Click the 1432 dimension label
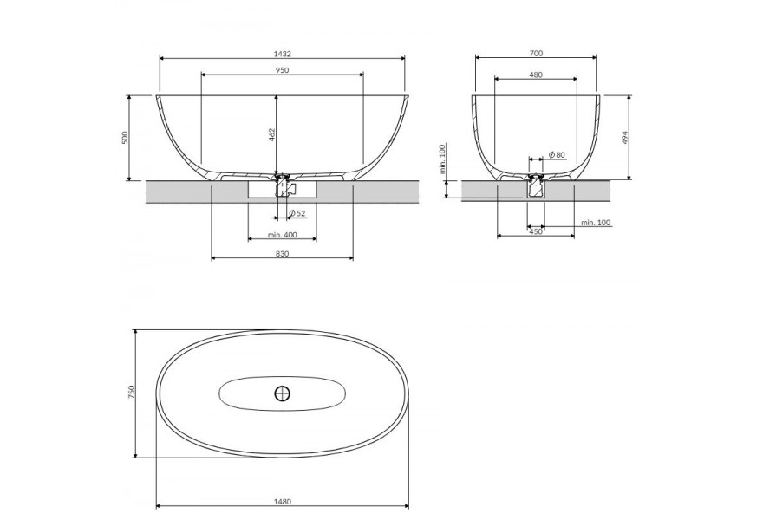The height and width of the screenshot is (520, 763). [283, 53]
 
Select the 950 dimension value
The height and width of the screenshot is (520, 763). [283, 70]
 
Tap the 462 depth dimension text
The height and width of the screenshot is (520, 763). [272, 135]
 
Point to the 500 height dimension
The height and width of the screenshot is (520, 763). [124, 138]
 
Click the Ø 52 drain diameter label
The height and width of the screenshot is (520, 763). [297, 213]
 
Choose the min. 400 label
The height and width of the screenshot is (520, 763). [283, 235]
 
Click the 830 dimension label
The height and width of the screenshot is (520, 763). [283, 253]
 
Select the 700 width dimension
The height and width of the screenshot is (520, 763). [536, 54]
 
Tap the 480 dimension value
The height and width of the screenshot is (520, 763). [536, 75]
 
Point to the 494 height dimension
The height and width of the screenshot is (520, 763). [626, 138]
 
